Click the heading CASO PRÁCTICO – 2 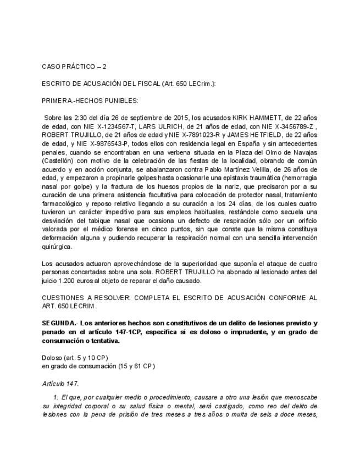(74, 66)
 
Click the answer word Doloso (53, 357)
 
